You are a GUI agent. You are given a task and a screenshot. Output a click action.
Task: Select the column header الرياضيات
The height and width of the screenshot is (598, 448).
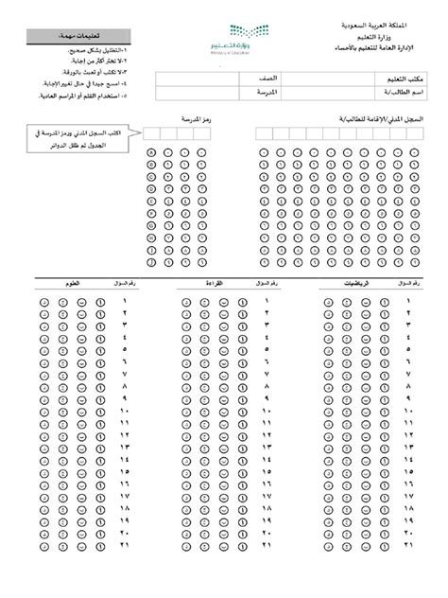click(336, 283)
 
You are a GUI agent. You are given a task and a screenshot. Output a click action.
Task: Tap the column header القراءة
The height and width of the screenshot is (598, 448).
click(202, 283)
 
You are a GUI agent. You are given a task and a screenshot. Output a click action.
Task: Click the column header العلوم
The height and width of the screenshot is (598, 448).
click(69, 283)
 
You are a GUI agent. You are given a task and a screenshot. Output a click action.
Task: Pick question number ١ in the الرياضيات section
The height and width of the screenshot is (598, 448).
click(407, 300)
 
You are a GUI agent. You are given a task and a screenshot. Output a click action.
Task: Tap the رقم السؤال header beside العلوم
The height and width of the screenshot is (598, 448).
click(118, 283)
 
